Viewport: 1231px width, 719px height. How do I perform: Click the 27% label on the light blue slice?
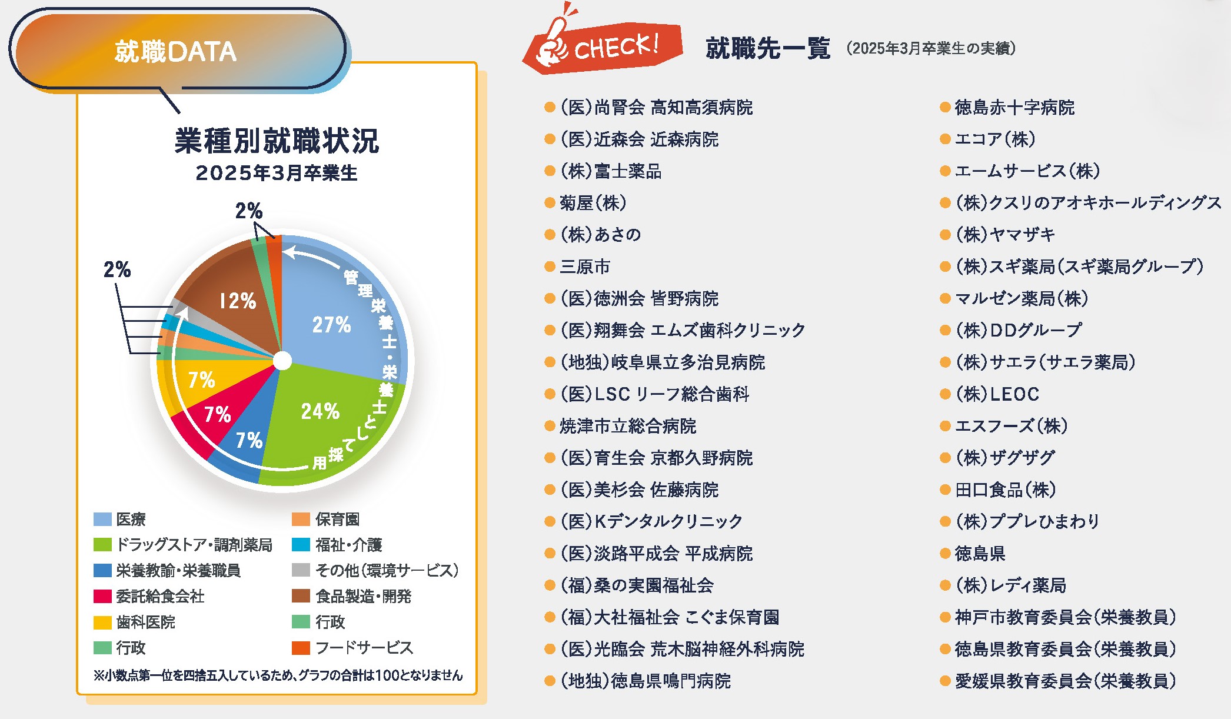(331, 325)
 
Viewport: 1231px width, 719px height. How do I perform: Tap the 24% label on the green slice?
(320, 411)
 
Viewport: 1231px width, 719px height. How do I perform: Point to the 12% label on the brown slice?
(238, 301)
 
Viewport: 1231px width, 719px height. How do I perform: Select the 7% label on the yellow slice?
(201, 380)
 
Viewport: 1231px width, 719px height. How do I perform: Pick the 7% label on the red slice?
(217, 415)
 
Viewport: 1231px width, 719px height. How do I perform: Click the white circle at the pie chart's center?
(282, 361)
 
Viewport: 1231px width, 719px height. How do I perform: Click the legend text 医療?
(131, 520)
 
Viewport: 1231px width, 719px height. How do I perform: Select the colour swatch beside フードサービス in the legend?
(301, 648)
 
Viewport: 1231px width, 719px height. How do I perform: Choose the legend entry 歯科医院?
(145, 622)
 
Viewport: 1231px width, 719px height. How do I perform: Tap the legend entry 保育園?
(337, 520)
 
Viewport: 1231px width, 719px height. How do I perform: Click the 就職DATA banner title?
(175, 52)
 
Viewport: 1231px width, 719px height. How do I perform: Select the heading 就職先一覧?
(767, 48)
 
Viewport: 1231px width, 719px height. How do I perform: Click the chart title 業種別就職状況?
(277, 141)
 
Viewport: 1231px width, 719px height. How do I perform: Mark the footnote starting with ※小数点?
(278, 675)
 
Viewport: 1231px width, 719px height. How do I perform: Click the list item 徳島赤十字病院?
(1014, 108)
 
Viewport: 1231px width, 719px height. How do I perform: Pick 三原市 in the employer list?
(584, 267)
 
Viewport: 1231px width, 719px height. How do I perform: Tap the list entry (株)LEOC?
(997, 394)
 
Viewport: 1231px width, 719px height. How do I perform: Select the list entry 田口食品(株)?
(1005, 490)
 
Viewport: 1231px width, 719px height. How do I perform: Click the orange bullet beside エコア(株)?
(945, 139)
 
